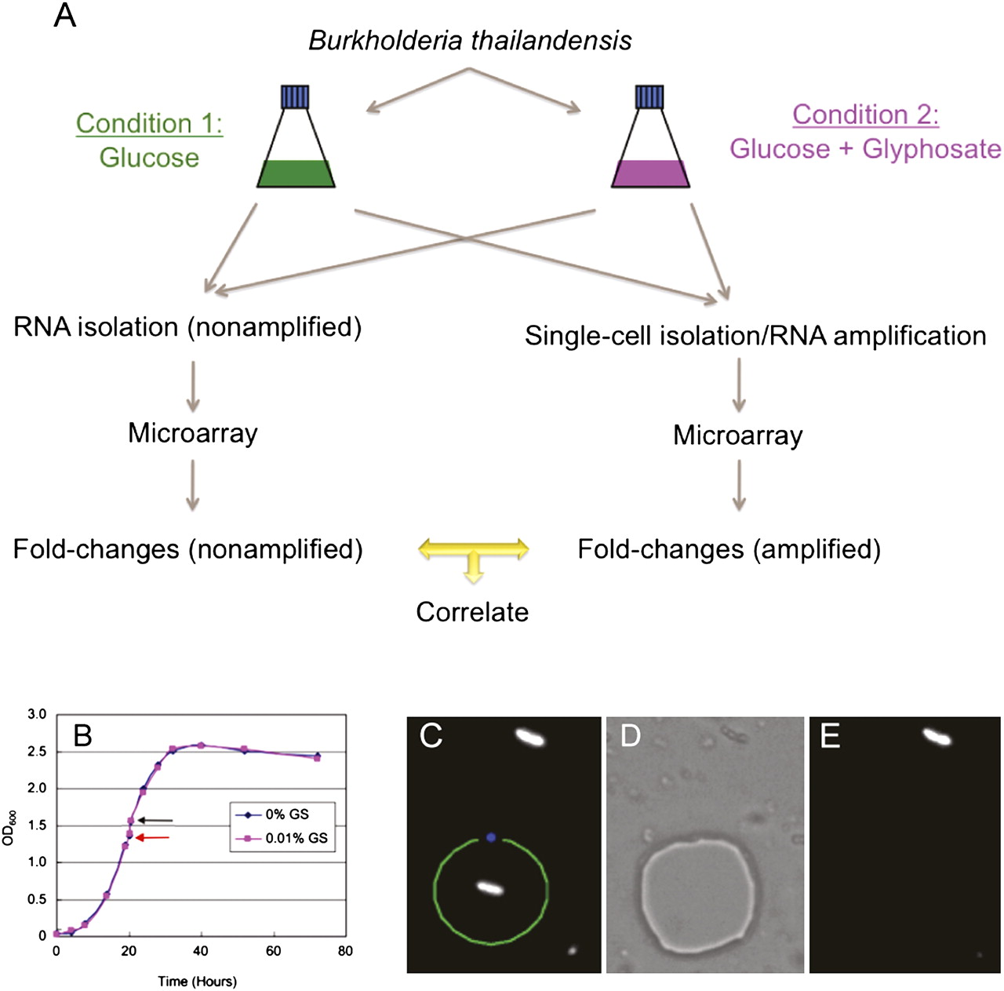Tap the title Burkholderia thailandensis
pos(470,41)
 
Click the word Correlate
pos(472,612)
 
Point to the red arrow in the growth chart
pos(153,838)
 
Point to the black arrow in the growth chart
pos(155,821)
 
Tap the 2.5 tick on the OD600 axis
pos(37,752)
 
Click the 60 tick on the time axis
pos(274,951)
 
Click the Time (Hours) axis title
pos(197,981)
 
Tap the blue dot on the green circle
pos(491,837)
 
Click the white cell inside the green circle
pos(490,887)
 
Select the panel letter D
pos(630,736)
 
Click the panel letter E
pos(829,736)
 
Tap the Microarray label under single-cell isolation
pos(738,435)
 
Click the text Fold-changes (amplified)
pos(729,549)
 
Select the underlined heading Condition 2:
pos(865,115)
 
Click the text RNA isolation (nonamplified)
pos(187,327)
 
